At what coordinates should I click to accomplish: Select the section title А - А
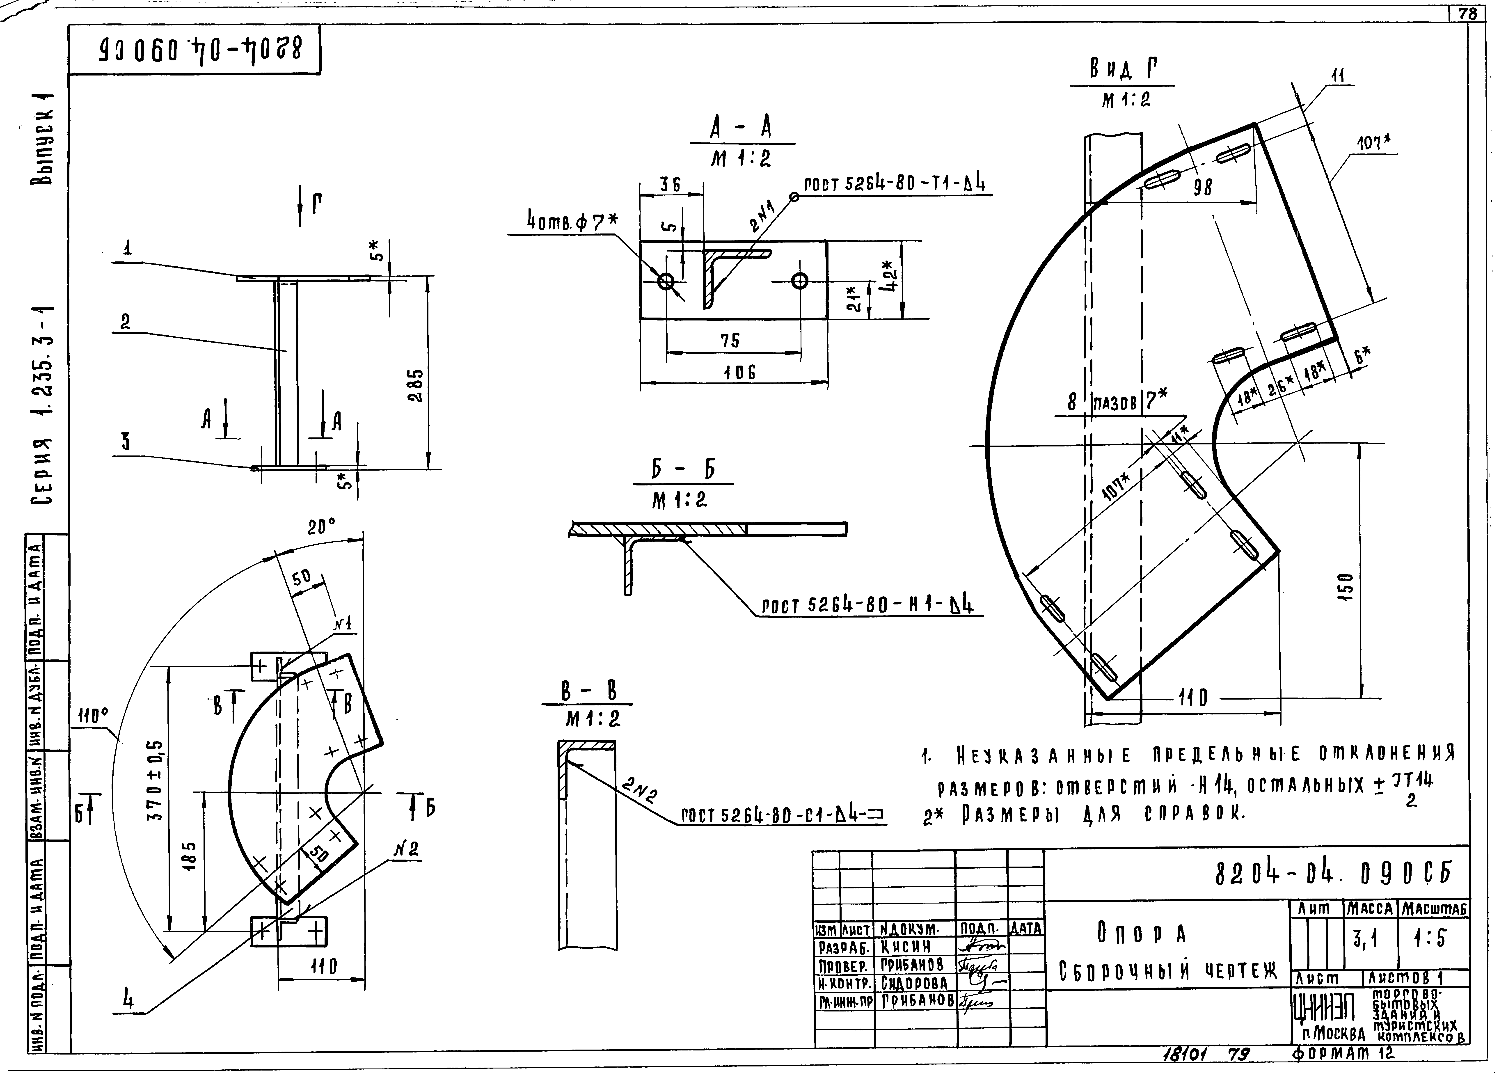[x=741, y=128]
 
